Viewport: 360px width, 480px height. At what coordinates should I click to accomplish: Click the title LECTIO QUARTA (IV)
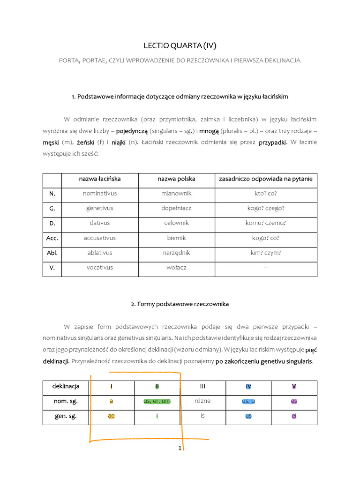click(180, 45)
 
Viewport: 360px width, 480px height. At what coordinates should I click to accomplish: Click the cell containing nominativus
click(100, 193)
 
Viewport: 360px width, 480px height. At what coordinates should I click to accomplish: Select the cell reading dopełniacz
click(176, 208)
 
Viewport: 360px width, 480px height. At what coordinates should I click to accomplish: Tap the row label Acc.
click(52, 238)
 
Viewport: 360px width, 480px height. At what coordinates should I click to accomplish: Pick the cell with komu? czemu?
click(266, 223)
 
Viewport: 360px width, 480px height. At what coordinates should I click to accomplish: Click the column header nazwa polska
click(176, 179)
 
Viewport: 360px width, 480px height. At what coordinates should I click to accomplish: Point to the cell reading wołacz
click(176, 268)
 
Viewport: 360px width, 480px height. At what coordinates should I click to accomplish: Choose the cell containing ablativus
click(100, 253)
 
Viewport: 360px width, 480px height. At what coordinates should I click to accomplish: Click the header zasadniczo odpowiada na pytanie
click(266, 179)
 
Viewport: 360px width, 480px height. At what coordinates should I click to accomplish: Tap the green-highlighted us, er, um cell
click(157, 401)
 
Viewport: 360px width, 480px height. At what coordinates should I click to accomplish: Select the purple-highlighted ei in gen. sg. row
click(294, 416)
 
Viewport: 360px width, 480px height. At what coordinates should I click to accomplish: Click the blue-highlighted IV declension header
click(248, 387)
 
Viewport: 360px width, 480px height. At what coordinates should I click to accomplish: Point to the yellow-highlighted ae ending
click(111, 416)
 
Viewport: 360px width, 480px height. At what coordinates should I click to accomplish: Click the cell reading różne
click(202, 401)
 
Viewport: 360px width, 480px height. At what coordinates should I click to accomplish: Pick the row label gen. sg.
click(66, 416)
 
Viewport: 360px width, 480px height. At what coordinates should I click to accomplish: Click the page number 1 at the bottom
click(180, 449)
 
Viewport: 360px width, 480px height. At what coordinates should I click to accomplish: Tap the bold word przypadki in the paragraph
click(272, 142)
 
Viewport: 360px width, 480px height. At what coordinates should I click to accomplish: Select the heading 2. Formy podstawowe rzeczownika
click(180, 304)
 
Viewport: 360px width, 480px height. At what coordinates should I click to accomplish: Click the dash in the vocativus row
click(266, 268)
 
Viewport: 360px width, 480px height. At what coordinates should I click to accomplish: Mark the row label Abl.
click(52, 253)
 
